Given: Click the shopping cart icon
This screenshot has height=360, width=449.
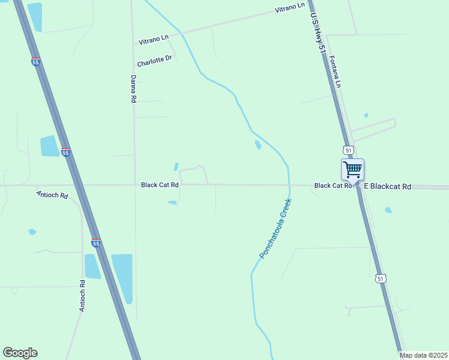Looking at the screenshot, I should point(352,169).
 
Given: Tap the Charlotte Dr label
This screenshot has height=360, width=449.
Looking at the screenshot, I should point(154,61).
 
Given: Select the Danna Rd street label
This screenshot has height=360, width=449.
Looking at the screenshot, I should point(134,89).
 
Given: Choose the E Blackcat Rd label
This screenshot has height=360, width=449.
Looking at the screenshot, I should point(390,187).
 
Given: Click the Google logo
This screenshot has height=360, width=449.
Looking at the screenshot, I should point(20,353).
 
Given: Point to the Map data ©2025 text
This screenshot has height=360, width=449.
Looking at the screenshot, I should point(424,355).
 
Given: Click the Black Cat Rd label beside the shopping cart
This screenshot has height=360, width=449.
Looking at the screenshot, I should point(333,186).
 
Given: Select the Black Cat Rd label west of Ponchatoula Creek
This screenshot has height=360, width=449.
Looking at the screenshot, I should point(160,185).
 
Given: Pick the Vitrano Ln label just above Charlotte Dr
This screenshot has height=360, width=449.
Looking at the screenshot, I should point(154,40).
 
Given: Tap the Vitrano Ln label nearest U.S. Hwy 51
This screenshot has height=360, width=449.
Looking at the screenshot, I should point(290,8).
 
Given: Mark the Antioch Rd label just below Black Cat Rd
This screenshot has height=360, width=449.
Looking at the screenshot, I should point(52,196).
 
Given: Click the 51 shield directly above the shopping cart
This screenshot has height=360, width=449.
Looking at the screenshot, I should point(349,149).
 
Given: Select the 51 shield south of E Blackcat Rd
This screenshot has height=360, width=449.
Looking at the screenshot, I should point(379,278).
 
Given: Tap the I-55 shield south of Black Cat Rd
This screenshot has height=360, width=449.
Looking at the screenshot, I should point(96,242).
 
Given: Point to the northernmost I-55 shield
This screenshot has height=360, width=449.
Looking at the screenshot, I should point(36,61).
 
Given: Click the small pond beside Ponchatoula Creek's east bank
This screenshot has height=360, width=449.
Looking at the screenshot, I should point(258,145).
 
